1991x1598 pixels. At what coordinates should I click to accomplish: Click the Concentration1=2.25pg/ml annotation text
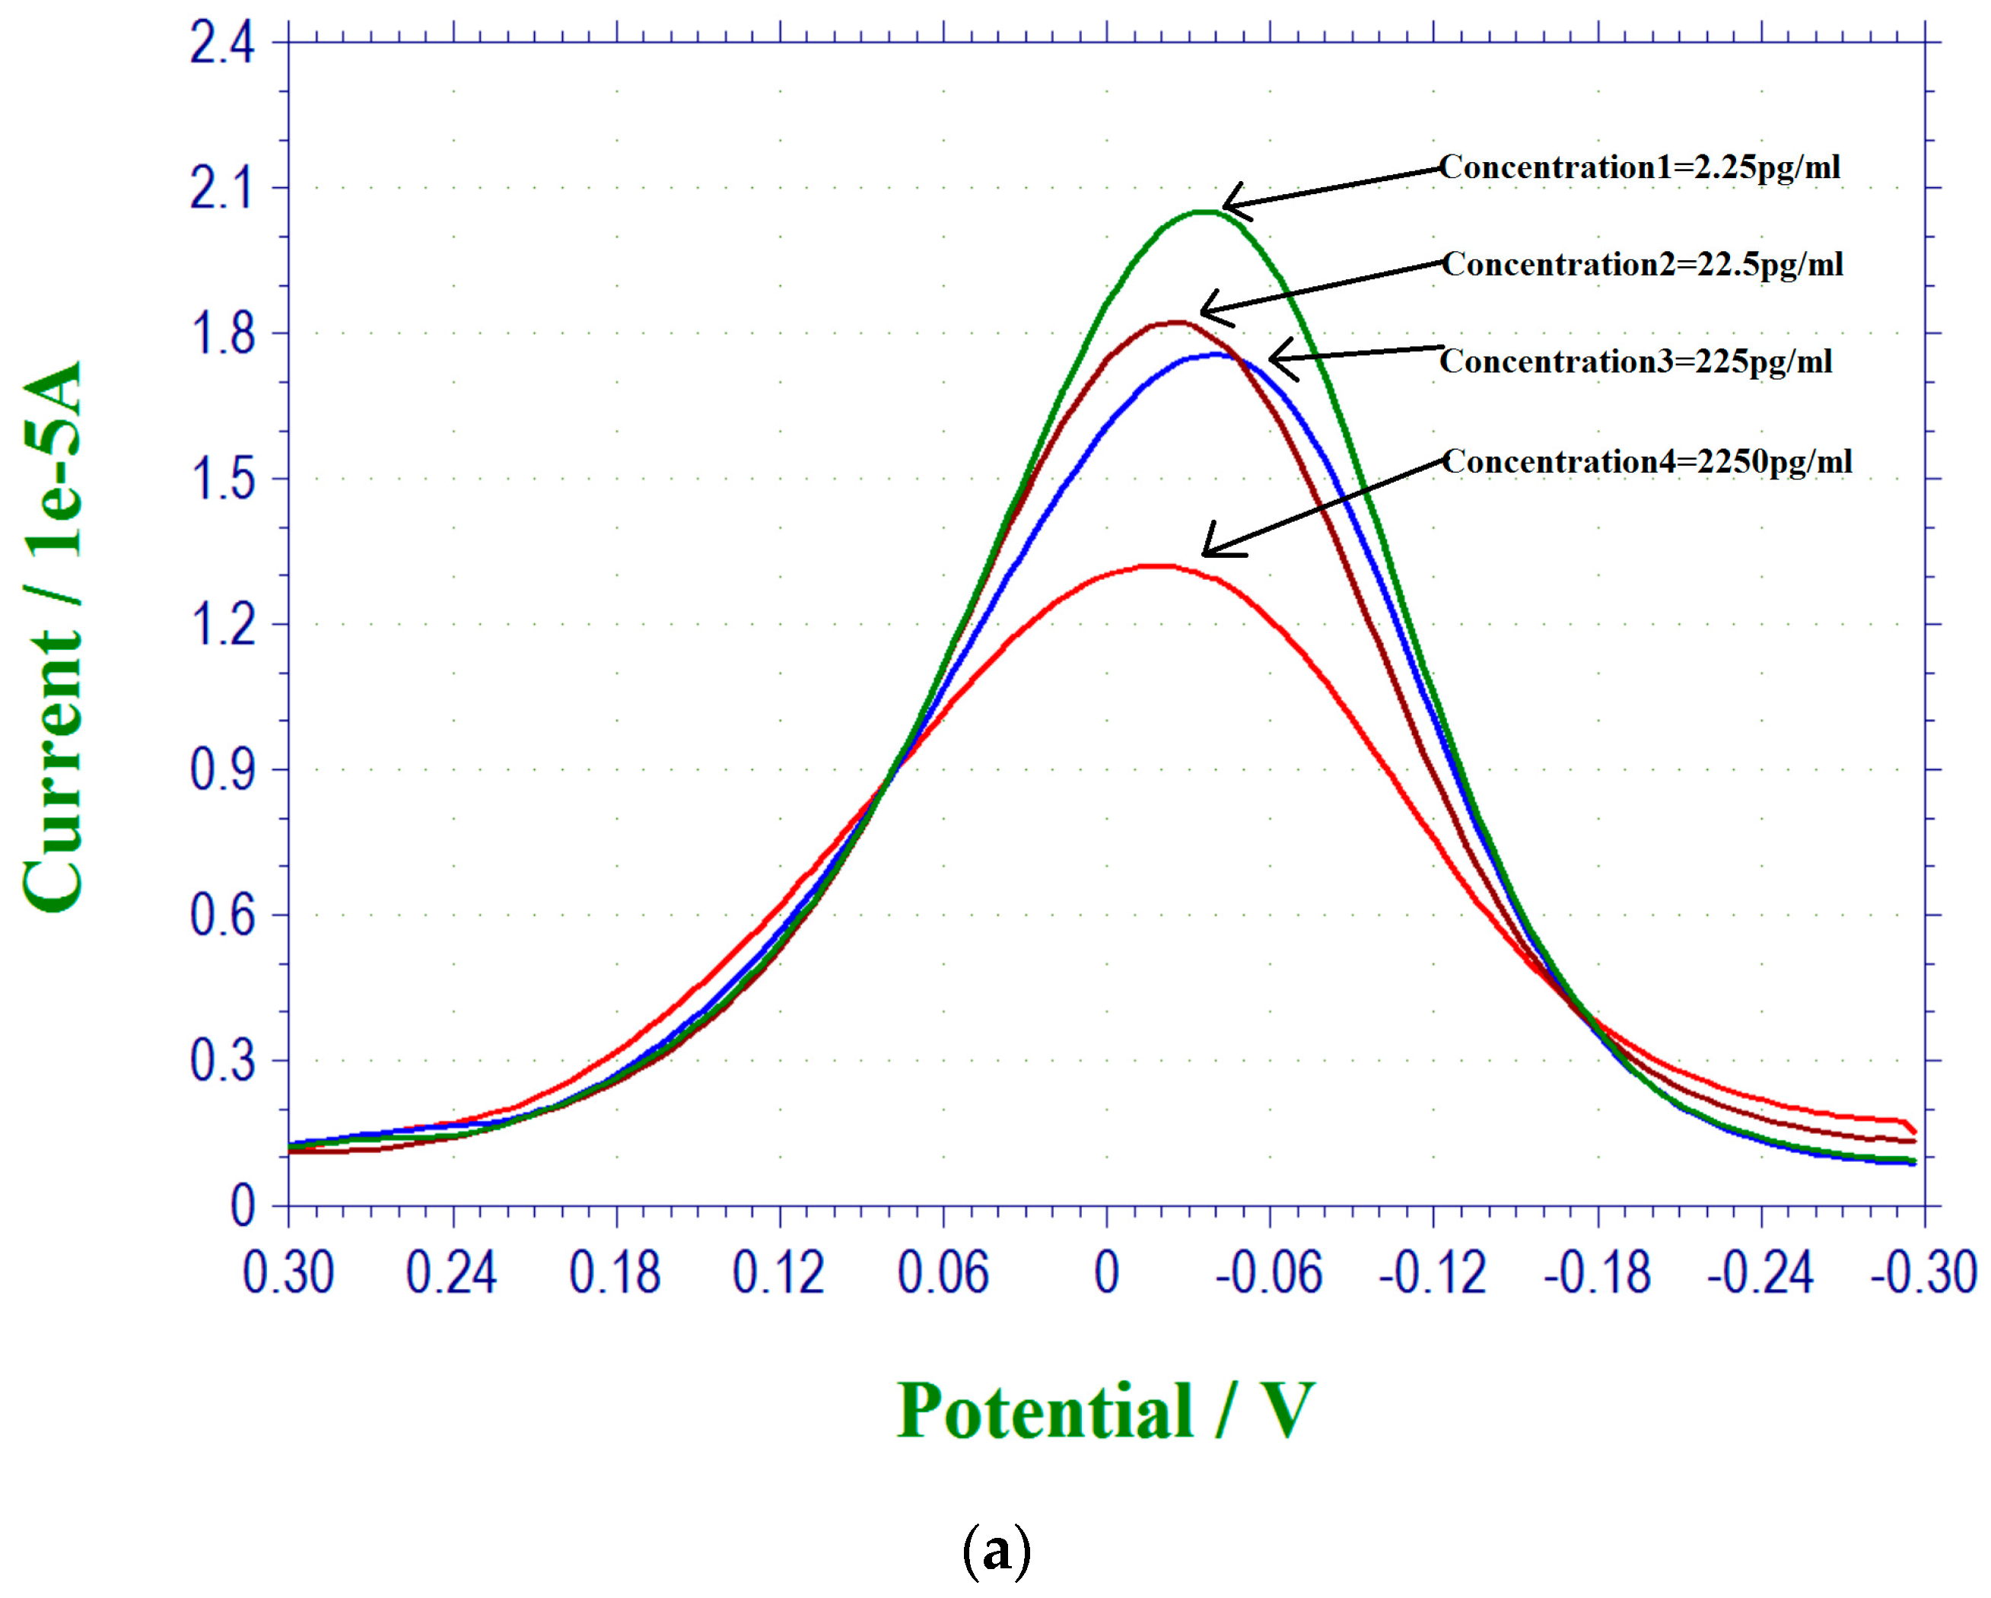(1640, 167)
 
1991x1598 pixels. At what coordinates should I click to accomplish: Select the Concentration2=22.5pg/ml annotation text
(1643, 264)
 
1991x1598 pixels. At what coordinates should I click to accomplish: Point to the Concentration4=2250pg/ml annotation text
(1646, 461)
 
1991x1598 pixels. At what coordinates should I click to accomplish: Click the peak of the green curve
(1205, 212)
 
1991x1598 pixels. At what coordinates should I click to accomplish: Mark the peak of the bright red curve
(1159, 565)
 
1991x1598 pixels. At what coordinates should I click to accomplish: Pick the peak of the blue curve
(1217, 354)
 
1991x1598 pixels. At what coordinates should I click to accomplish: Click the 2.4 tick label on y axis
(221, 43)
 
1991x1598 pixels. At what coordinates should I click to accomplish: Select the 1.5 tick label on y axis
(221, 479)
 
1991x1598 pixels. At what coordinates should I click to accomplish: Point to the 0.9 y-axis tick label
(221, 770)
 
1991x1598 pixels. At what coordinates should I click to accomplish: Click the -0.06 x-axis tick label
(1269, 1273)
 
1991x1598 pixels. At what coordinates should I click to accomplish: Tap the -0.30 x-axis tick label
(1923, 1273)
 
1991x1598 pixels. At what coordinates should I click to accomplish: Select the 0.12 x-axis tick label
(778, 1273)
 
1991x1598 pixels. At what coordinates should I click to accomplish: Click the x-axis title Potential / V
(1105, 1412)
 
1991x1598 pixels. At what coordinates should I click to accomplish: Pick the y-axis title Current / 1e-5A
(52, 638)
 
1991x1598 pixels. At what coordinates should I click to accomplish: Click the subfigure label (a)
(995, 1552)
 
